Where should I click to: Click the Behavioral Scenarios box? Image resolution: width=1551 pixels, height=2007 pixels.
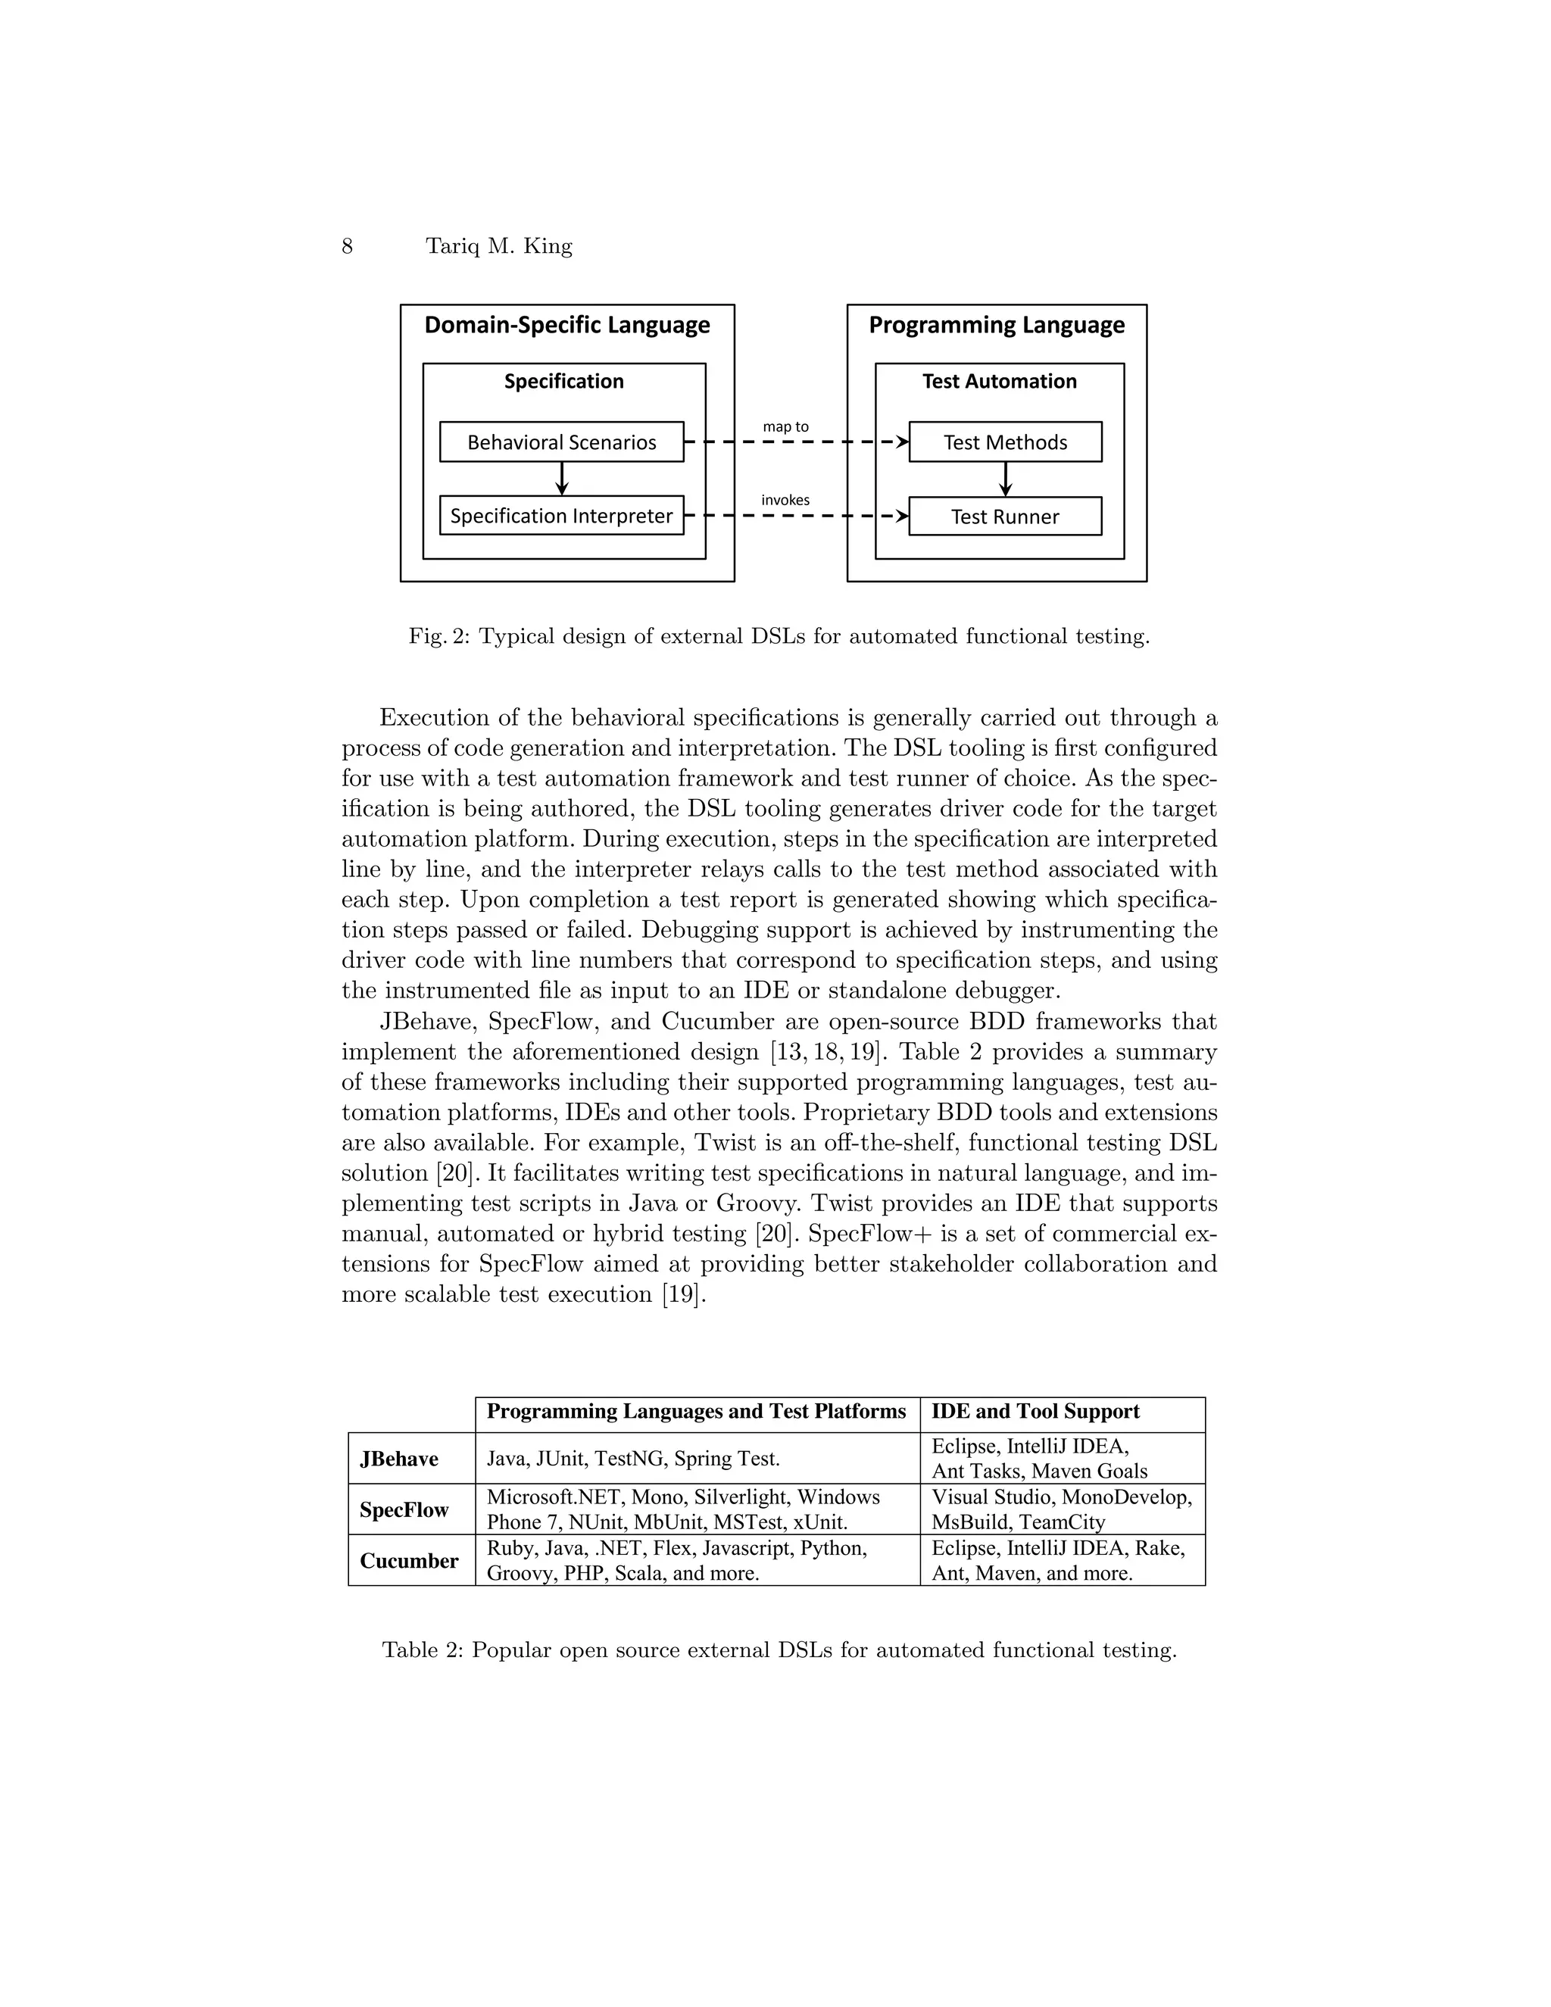tap(561, 442)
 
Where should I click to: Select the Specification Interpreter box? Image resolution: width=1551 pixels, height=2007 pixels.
tap(561, 516)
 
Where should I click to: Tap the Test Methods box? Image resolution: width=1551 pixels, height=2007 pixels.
tap(1005, 442)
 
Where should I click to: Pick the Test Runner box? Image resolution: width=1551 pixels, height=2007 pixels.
tap(1005, 517)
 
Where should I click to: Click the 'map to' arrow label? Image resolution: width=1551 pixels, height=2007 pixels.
tap(785, 426)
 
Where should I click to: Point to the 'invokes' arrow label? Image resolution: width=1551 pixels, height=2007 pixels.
tap(785, 500)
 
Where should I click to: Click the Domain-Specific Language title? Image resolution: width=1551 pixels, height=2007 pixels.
tap(567, 326)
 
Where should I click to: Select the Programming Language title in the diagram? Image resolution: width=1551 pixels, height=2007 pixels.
tap(996, 326)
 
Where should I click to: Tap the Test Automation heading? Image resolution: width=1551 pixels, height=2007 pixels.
tap(999, 382)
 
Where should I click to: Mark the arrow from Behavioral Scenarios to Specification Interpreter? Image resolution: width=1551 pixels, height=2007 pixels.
tap(563, 478)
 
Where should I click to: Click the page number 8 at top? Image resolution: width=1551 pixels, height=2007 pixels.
tap(348, 246)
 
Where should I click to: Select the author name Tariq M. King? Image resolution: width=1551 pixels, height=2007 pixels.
tap(499, 246)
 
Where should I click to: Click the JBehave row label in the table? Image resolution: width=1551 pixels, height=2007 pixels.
tap(399, 1459)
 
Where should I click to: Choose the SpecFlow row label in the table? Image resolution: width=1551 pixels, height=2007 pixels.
tap(404, 1510)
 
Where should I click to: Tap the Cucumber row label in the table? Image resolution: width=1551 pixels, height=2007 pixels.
tap(409, 1560)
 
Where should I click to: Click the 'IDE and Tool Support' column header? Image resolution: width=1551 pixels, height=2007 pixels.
tap(1035, 1412)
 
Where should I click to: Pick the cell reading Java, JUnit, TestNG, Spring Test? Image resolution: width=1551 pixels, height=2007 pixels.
tap(633, 1459)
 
